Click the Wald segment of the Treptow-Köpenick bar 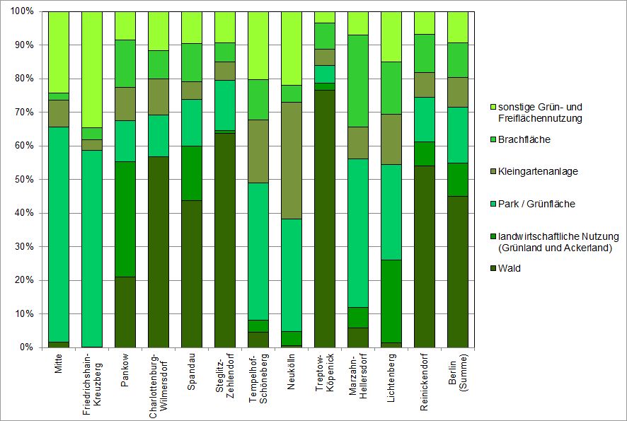(325, 219)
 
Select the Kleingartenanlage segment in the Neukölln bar (292, 161)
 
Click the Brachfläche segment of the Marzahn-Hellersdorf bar (358, 81)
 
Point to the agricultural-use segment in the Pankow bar (125, 219)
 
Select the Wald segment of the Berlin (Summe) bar (457, 272)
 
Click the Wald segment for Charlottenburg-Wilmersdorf (159, 252)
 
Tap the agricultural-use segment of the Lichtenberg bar (391, 301)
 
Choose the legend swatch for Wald (493, 268)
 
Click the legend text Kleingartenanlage (538, 171)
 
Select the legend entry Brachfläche (524, 139)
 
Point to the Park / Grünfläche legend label (536, 204)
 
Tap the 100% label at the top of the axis (22, 11)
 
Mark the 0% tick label (26, 347)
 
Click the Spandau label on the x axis (192, 371)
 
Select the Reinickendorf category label (425, 382)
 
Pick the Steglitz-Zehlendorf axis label (225, 376)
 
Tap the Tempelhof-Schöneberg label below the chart (258, 379)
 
